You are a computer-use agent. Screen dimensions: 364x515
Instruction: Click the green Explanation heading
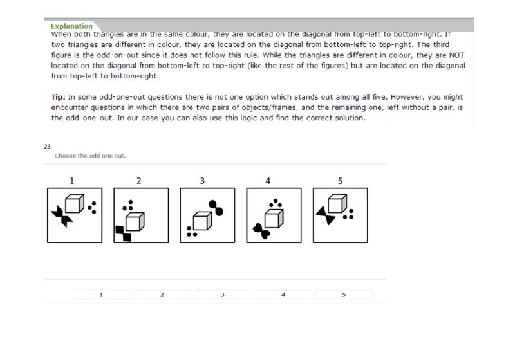pyautogui.click(x=73, y=26)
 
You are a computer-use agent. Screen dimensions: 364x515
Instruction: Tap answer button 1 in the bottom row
pyautogui.click(x=101, y=295)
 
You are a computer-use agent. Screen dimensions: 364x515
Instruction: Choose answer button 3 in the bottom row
pyautogui.click(x=222, y=295)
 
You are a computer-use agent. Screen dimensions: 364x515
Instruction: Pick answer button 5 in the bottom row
pyautogui.click(x=344, y=295)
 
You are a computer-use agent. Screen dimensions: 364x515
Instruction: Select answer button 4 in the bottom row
pyautogui.click(x=283, y=295)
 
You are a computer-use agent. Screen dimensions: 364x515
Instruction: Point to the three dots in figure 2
pyautogui.click(x=128, y=205)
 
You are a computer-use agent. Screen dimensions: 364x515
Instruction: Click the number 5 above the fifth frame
pyautogui.click(x=339, y=181)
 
